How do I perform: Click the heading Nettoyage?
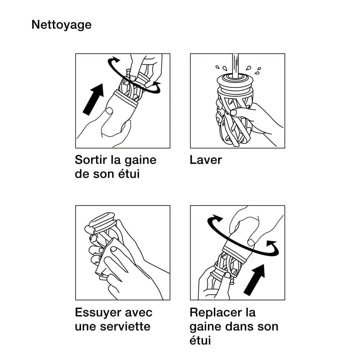(x=61, y=25)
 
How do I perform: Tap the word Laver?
(x=206, y=159)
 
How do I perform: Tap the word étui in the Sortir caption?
(x=129, y=174)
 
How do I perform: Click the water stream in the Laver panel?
(x=235, y=65)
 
